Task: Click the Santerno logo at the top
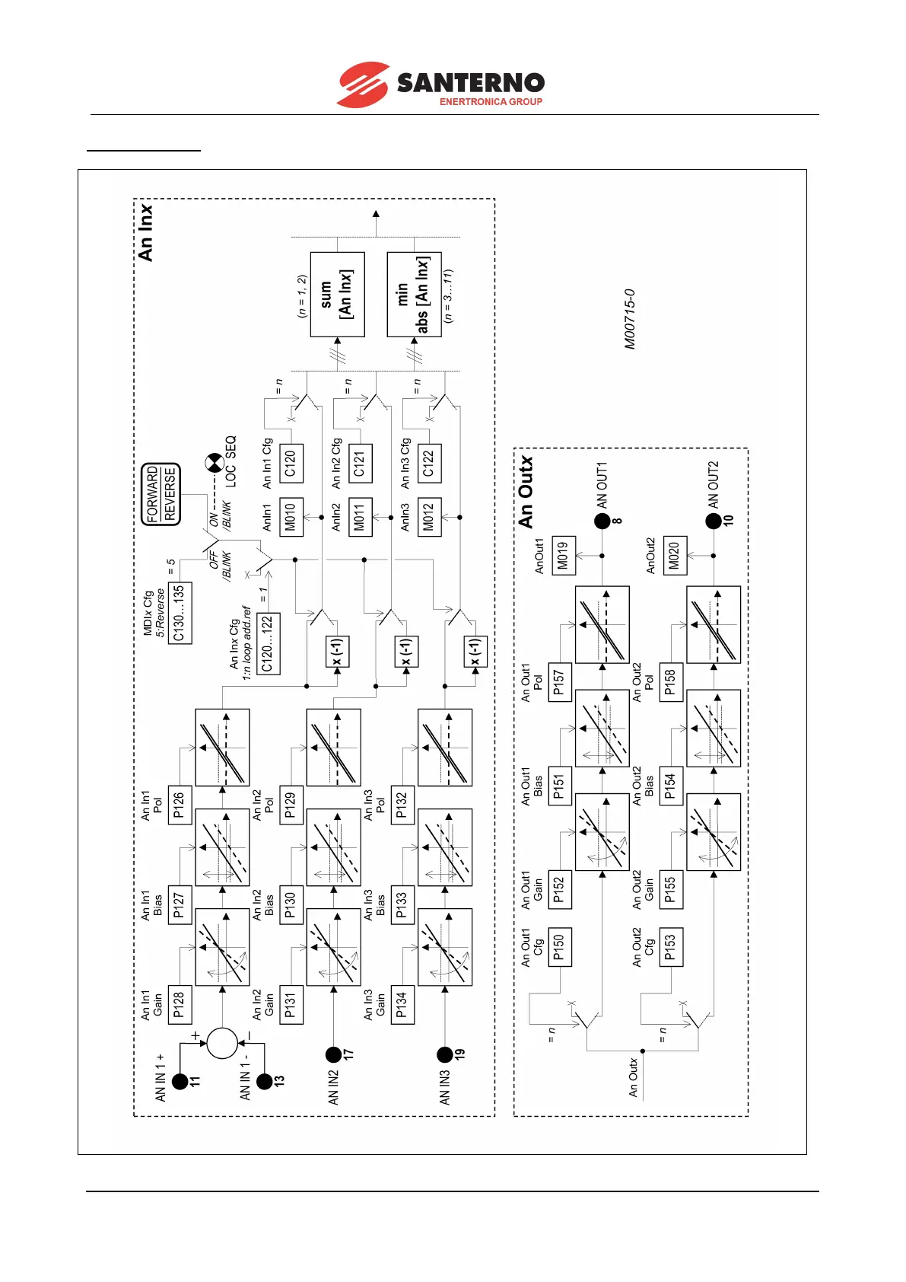point(440,85)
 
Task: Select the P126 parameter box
point(180,805)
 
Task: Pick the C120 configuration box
point(291,463)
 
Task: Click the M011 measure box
point(361,517)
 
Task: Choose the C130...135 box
point(180,613)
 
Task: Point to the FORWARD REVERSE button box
point(161,495)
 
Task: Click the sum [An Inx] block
point(337,295)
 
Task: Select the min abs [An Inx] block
point(414,295)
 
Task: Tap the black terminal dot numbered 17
point(333,1054)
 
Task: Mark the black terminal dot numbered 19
point(445,1054)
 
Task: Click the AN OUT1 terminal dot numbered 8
point(602,521)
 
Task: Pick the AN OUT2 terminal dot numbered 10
point(713,521)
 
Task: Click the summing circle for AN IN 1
point(222,1043)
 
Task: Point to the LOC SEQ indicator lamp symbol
point(215,462)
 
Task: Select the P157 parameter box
point(560,682)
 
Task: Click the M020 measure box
point(675,555)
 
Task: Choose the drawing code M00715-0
point(629,319)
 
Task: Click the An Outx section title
point(526,492)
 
